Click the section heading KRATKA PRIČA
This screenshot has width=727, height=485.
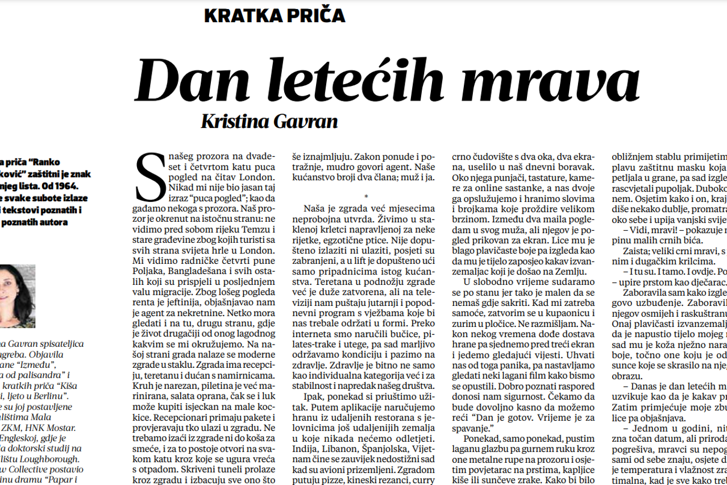274,15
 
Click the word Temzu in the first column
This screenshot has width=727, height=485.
247,229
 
